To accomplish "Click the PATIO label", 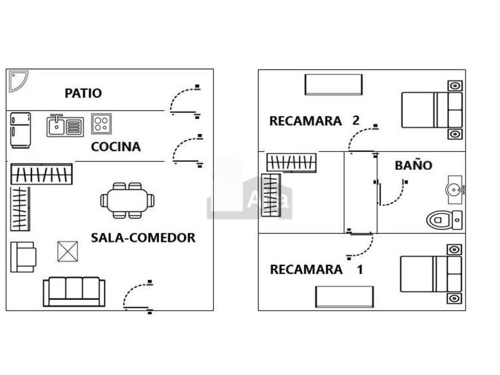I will click(83, 93).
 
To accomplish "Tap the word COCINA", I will click(116, 147).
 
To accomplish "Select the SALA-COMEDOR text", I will click(143, 238).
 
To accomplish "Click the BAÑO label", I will click(414, 165).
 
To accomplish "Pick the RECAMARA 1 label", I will click(316, 270).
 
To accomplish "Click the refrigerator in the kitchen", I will click(20, 130).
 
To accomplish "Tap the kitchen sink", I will click(65, 125).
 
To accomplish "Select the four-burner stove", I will click(101, 124).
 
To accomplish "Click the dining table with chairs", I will click(127, 199).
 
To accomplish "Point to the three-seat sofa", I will click(74, 291).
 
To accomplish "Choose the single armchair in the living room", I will click(23, 257).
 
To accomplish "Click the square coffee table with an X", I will click(68, 251).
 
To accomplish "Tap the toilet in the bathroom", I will click(443, 220).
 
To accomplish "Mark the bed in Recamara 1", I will click(431, 274).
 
